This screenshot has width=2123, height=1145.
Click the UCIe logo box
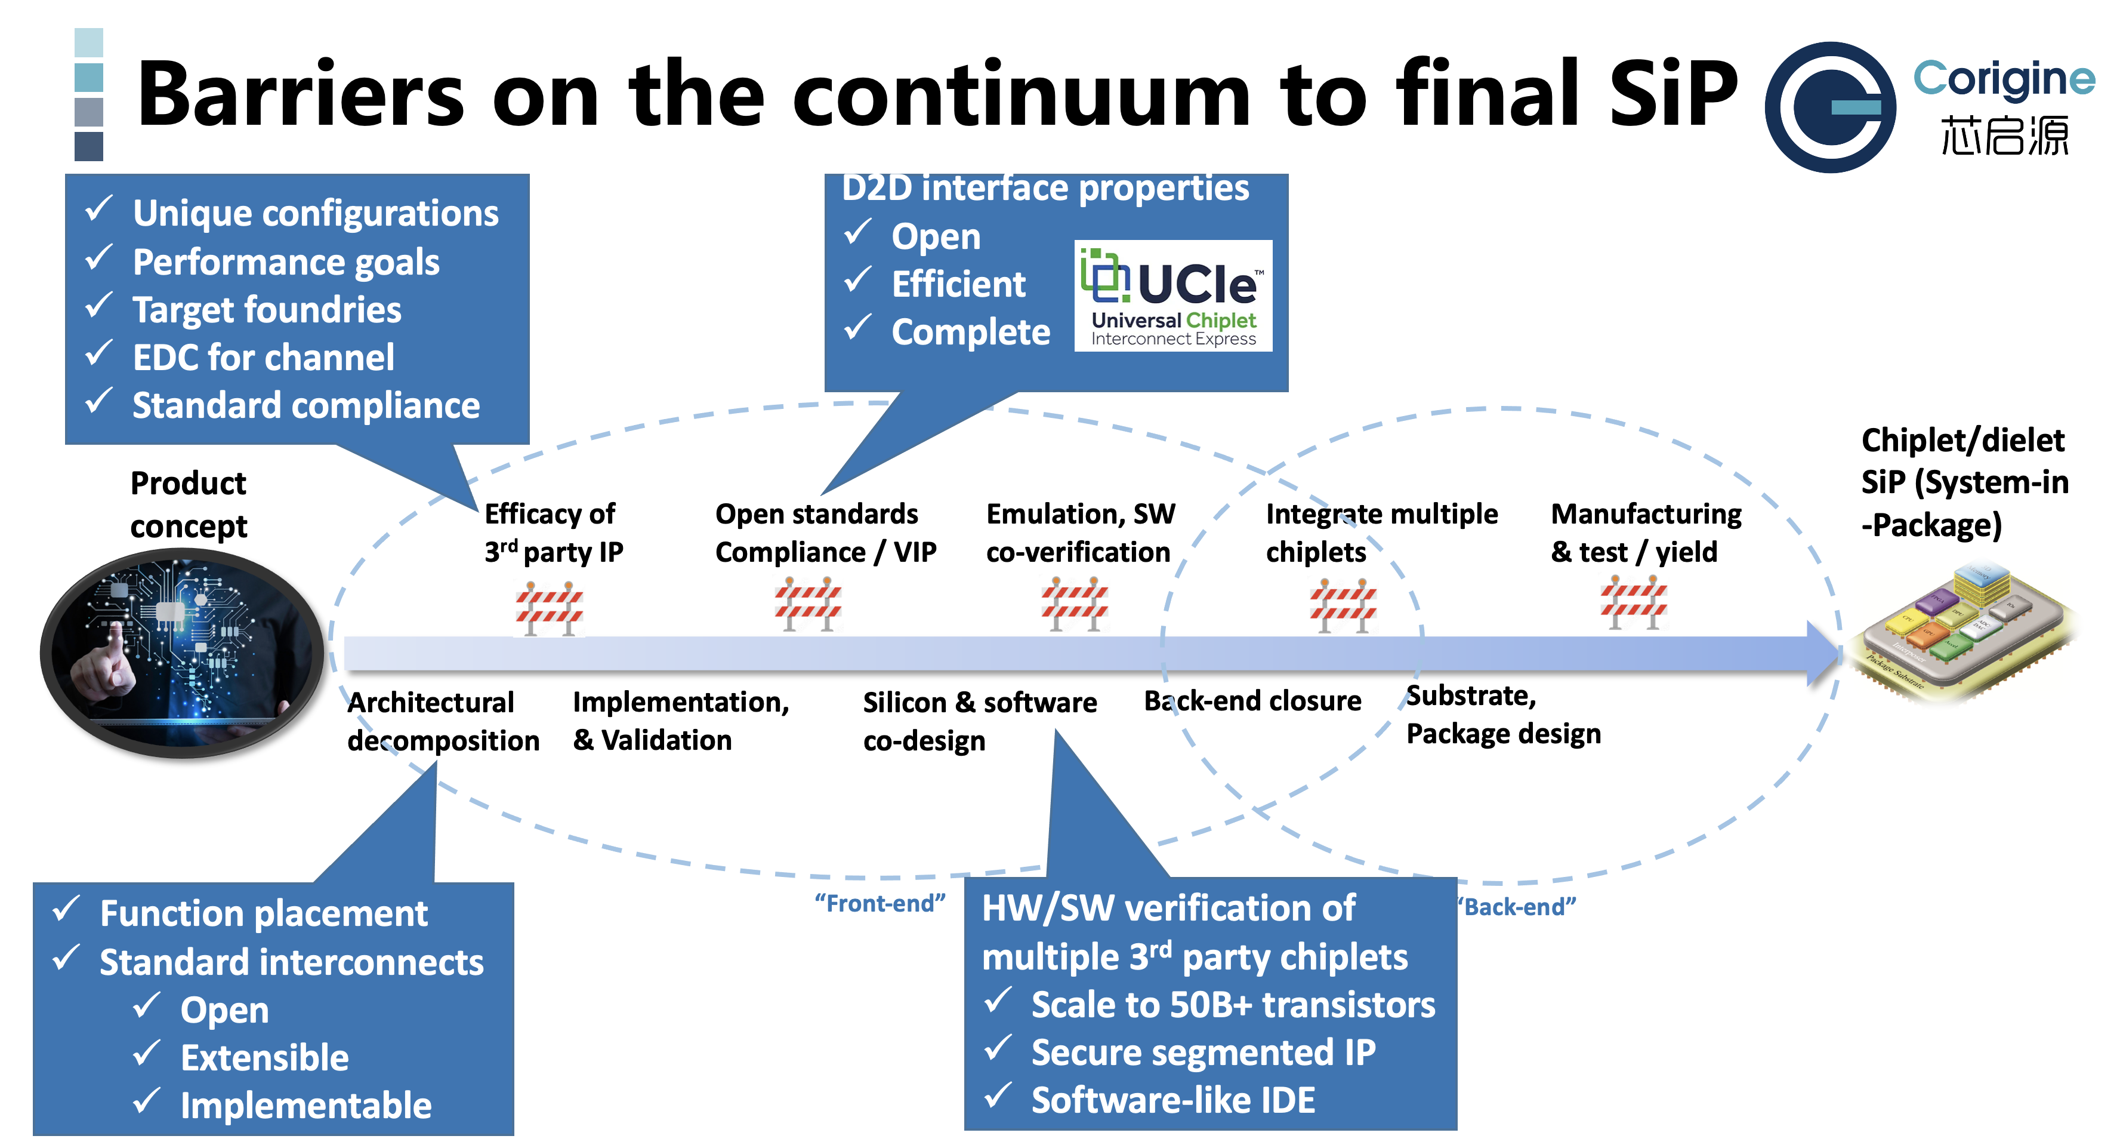click(1172, 295)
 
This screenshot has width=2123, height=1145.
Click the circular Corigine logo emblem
click(1829, 107)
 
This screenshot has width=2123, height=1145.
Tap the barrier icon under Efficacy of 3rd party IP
click(550, 608)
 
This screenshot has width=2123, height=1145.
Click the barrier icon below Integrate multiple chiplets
click(1343, 606)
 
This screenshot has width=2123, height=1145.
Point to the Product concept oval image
click(181, 653)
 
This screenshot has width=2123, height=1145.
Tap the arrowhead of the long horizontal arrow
click(1823, 654)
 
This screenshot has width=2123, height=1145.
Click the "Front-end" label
click(880, 903)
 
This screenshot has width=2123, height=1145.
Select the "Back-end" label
click(1516, 907)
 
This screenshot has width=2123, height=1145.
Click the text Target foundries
click(267, 310)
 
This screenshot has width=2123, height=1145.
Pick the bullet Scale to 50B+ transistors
click(1233, 1005)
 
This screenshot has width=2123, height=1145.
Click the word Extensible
click(264, 1058)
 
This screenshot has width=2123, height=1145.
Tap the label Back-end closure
click(1252, 701)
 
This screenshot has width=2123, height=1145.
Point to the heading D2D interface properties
click(1045, 188)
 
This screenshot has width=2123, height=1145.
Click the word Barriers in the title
click(300, 95)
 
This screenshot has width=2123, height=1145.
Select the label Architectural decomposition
click(443, 721)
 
